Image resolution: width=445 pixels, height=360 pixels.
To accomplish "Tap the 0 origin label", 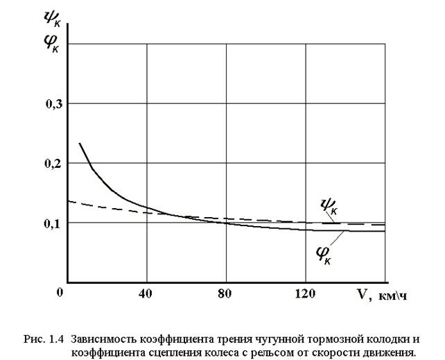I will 62,292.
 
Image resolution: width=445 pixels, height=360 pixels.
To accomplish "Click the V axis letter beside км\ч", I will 362,294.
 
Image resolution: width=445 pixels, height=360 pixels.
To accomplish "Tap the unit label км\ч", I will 393,295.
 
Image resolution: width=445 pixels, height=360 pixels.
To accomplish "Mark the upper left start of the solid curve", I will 80,143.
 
